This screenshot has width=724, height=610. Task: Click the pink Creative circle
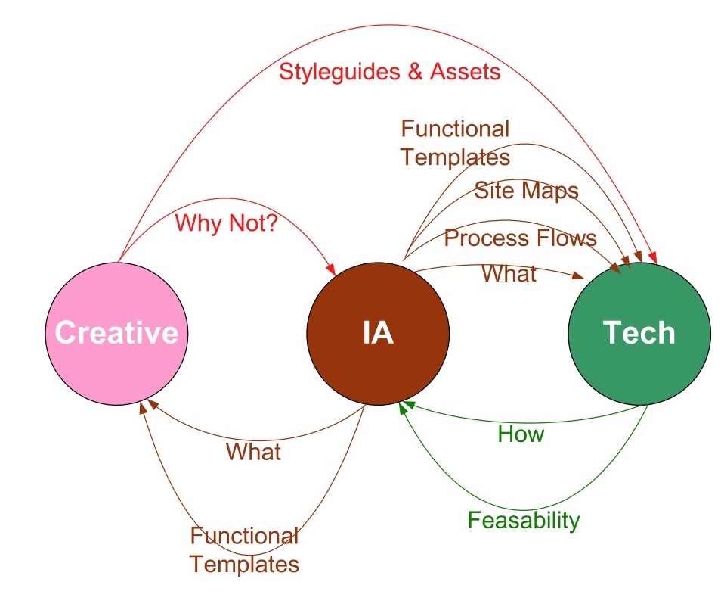point(117,334)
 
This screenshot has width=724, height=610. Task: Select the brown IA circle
point(378,334)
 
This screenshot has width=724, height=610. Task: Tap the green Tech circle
point(639,334)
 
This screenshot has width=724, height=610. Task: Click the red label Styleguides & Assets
point(390,72)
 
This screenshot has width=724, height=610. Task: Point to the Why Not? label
point(226,223)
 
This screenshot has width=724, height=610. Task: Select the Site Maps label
point(527,191)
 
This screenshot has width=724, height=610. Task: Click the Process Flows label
point(521,238)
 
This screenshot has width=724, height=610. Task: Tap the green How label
point(521,434)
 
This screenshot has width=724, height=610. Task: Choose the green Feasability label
point(524,521)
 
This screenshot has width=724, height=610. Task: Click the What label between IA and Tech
point(509,273)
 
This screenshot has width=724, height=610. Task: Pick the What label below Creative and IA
point(253,452)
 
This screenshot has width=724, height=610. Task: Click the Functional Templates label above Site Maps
point(455,143)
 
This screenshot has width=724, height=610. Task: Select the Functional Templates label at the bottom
point(244,550)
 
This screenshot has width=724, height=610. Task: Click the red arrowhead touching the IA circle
point(330,269)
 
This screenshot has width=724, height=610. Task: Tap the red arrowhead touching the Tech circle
point(652,257)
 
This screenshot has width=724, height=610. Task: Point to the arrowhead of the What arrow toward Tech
point(579,275)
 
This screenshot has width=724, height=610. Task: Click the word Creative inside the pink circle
point(117,332)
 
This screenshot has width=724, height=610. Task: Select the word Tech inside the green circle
point(639,332)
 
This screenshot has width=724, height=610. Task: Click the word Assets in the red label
point(466,72)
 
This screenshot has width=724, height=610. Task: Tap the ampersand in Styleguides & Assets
point(415,72)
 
